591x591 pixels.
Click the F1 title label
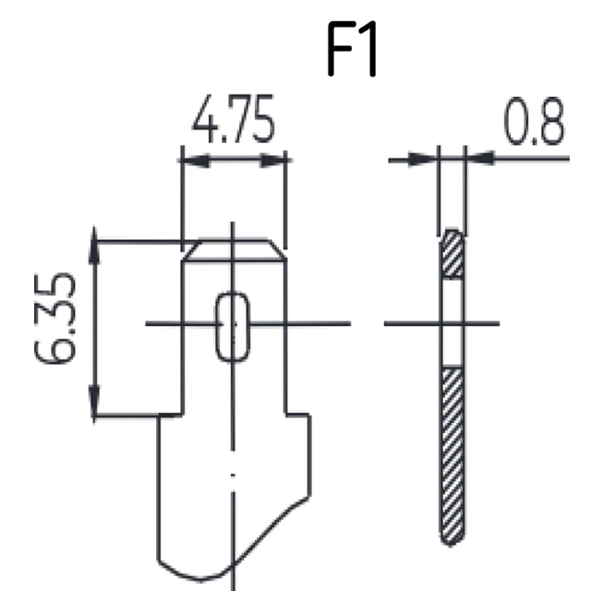pyautogui.click(x=352, y=49)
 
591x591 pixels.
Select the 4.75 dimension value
pyautogui.click(x=234, y=119)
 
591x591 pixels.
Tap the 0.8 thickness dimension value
pyautogui.click(x=535, y=121)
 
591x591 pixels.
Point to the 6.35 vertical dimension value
pyautogui.click(x=55, y=318)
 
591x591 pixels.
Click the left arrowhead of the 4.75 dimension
pyautogui.click(x=195, y=160)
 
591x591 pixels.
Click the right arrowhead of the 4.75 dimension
pyautogui.click(x=273, y=160)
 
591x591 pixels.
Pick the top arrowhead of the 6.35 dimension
pyautogui.click(x=94, y=245)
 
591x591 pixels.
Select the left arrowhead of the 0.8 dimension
pyautogui.click(x=423, y=160)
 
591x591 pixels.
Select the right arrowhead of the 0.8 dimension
pyautogui.click(x=480, y=158)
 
